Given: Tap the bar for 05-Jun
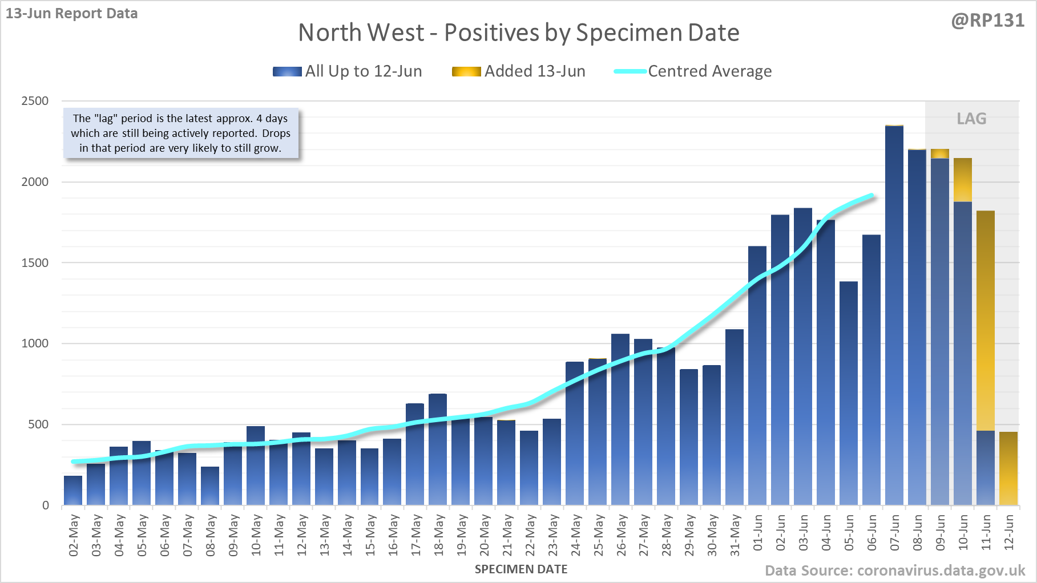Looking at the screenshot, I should click(x=849, y=393).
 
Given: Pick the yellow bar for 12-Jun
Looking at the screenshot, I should click(x=1008, y=468).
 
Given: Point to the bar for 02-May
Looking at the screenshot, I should click(x=73, y=491).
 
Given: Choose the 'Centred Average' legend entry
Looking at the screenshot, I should click(x=693, y=71).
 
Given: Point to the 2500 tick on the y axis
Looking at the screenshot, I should click(x=35, y=101).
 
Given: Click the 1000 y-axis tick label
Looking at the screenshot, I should click(x=35, y=343).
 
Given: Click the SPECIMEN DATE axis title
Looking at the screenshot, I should click(x=521, y=569).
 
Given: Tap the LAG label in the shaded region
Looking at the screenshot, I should click(x=971, y=119).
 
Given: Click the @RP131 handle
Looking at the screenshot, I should click(x=987, y=21).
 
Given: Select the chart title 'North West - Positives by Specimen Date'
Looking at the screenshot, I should click(x=519, y=33).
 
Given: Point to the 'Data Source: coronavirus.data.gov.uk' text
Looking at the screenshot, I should click(x=895, y=570).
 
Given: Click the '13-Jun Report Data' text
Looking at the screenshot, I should click(x=72, y=13).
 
